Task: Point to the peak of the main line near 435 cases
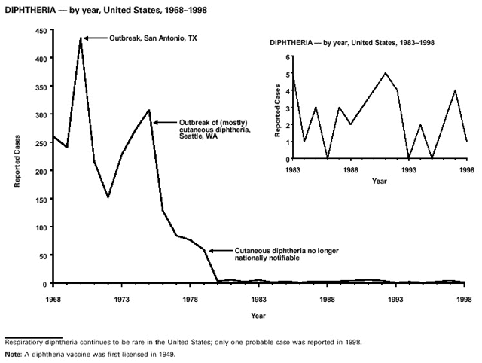click(81, 38)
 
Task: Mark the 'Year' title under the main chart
click(258, 314)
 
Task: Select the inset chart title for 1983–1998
click(352, 42)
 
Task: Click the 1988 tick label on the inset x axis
click(350, 169)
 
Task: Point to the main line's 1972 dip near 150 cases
click(108, 197)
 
